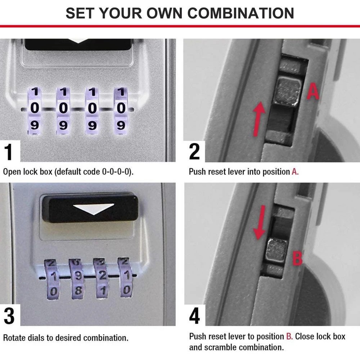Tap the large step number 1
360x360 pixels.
tap(9, 152)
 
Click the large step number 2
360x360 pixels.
tap(194, 152)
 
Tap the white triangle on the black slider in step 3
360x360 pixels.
tap(93, 208)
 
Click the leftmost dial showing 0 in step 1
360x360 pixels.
tap(35, 108)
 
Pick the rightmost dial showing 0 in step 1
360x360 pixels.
tap(121, 108)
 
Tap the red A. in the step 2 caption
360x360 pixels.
tap(295, 172)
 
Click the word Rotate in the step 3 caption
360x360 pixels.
tap(13, 338)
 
